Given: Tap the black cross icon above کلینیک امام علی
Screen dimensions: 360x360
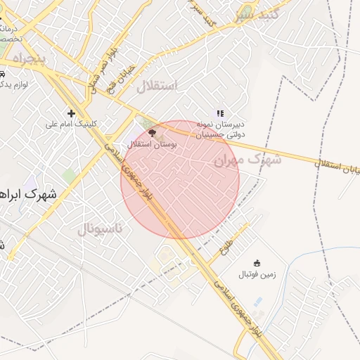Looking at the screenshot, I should (x=71, y=113).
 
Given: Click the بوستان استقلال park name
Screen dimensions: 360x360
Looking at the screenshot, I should (x=152, y=143).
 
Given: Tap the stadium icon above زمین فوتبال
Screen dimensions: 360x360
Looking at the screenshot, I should (x=256, y=263).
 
